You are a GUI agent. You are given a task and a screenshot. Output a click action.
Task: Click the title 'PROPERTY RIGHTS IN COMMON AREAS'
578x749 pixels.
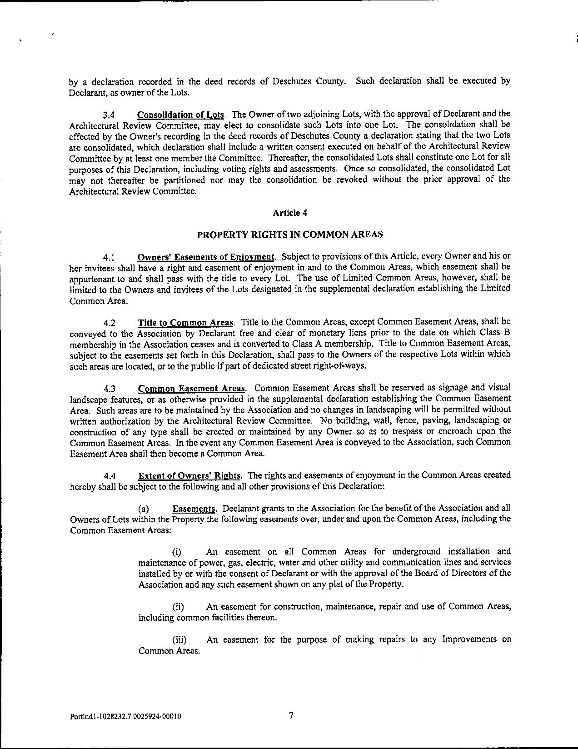pos(289,235)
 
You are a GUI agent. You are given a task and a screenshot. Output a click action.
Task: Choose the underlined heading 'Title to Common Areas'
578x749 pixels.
pos(186,323)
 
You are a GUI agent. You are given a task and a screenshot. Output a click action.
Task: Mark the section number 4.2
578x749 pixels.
pos(109,323)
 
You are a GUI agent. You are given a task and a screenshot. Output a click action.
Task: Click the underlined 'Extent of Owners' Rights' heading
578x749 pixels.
pos(189,475)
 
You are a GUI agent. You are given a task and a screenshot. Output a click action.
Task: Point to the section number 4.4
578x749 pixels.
pos(109,476)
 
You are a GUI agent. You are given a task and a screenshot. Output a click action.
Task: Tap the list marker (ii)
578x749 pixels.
pos(178,607)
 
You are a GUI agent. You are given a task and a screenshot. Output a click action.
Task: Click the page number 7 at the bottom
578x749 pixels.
pos(291,716)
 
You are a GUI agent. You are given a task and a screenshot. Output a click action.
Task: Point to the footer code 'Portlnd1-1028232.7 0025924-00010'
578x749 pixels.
pos(125,717)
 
